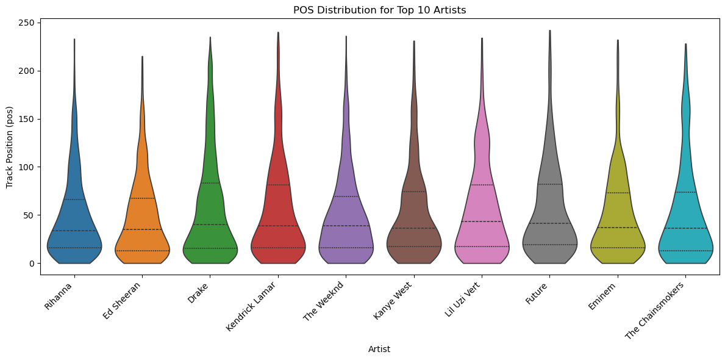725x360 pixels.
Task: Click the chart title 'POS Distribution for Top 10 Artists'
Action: click(379, 10)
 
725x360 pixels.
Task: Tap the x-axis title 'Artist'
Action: click(379, 350)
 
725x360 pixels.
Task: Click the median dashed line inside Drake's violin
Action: click(210, 225)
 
